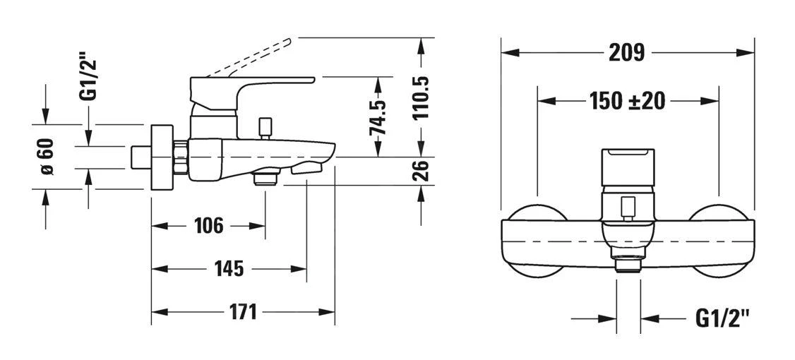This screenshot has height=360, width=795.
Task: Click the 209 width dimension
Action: [x=627, y=53]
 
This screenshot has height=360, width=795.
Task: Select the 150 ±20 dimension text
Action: [x=627, y=101]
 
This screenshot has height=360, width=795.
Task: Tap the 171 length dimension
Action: [x=242, y=311]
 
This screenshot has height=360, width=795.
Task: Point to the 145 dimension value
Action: [x=229, y=269]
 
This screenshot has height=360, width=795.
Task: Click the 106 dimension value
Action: [x=208, y=226]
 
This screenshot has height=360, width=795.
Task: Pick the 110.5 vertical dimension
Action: [x=422, y=98]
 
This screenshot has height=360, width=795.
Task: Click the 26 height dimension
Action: [x=422, y=171]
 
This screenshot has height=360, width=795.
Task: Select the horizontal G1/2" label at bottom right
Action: [x=722, y=319]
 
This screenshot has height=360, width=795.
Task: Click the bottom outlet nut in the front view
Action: [x=627, y=265]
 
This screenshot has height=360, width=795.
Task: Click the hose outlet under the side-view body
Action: [x=265, y=177]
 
